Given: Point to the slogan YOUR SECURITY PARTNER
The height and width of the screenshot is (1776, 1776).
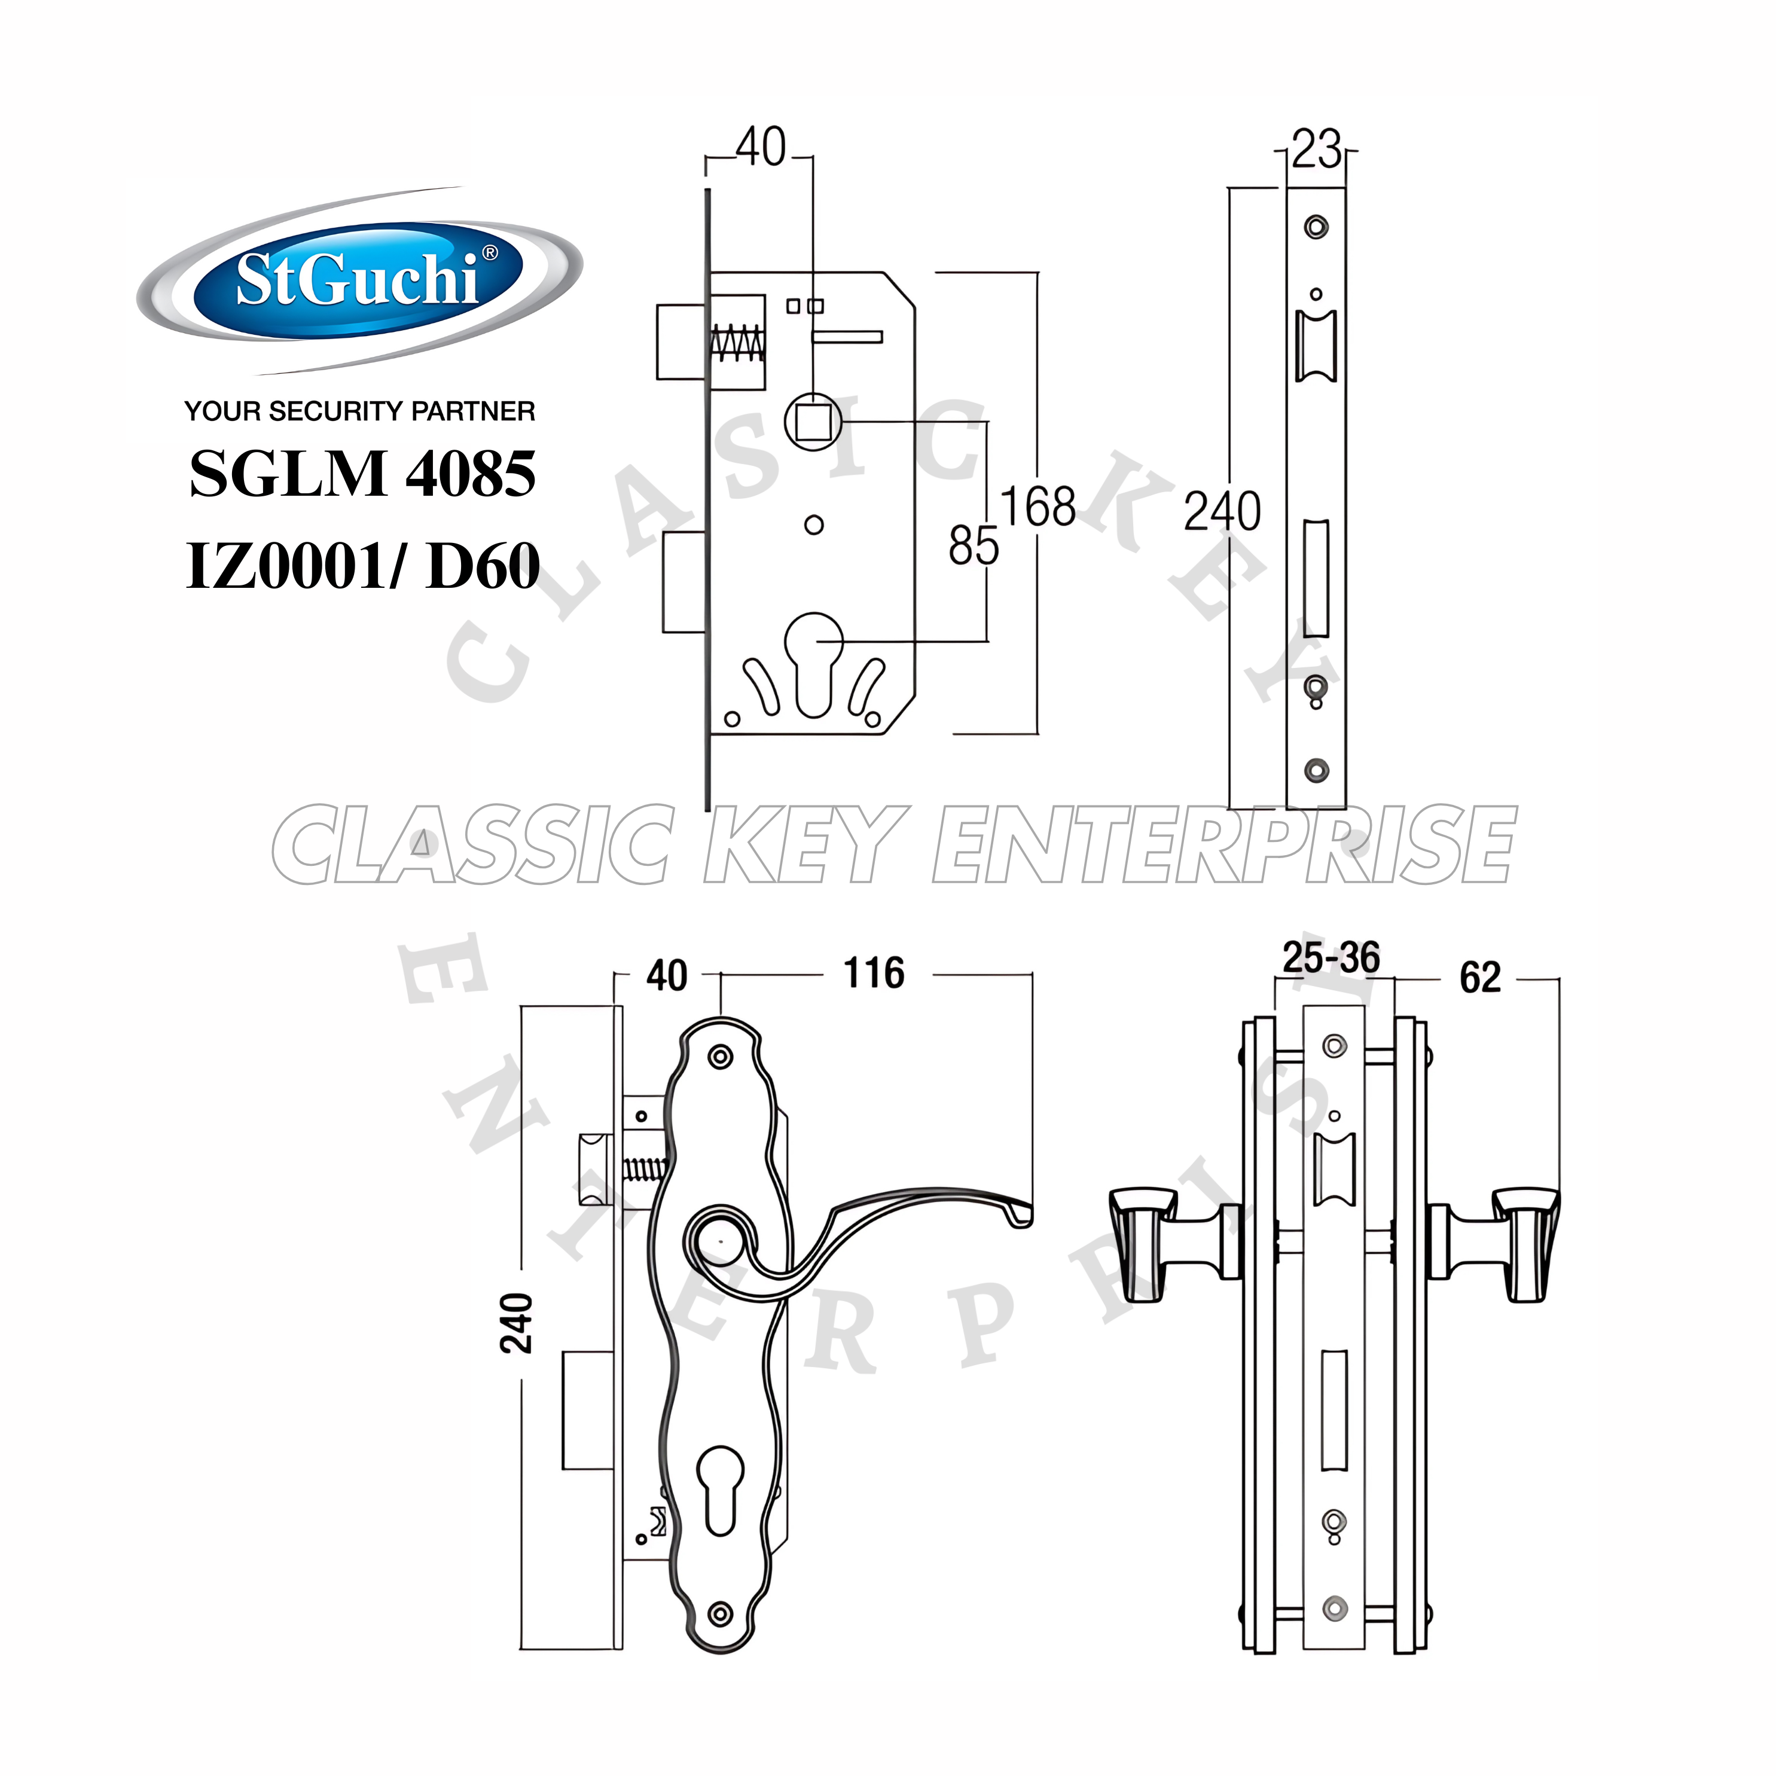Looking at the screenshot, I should [359, 411].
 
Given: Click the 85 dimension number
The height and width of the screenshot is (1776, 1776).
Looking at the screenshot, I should [972, 546].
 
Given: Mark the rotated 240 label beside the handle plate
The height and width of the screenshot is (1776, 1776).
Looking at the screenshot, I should [517, 1323].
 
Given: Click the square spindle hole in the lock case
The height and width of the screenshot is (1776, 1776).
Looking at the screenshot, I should [813, 423].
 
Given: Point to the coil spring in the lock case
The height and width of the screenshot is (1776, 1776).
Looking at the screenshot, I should [737, 344].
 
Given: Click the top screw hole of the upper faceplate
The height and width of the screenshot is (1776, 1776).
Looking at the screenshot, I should [1316, 225].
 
